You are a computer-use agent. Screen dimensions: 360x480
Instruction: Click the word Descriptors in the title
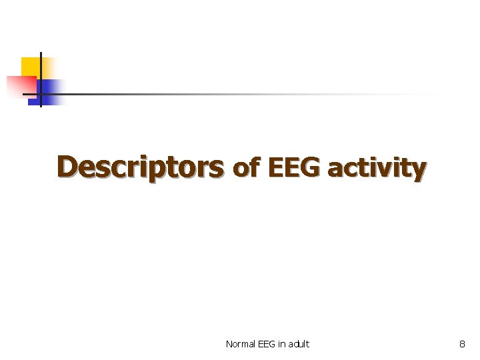click(140, 167)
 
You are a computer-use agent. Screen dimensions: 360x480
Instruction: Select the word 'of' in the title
click(245, 169)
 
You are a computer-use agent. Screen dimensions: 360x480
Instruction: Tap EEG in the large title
click(292, 167)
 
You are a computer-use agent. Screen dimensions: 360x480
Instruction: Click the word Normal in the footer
click(239, 344)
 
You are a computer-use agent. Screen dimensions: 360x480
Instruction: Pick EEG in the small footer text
click(265, 344)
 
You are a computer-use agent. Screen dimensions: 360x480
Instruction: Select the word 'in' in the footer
click(281, 344)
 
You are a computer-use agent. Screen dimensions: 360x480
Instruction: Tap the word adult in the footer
click(299, 344)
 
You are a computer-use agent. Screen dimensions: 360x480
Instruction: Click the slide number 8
click(462, 344)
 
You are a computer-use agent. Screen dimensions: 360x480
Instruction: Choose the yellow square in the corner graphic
click(30, 67)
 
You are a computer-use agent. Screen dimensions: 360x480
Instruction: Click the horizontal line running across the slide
click(233, 94)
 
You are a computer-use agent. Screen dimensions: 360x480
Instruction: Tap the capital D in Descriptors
click(67, 167)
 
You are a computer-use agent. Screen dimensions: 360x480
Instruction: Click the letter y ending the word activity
click(419, 171)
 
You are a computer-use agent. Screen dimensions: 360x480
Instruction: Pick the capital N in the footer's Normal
click(229, 344)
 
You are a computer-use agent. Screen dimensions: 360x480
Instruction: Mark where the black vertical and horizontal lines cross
click(41, 94)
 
